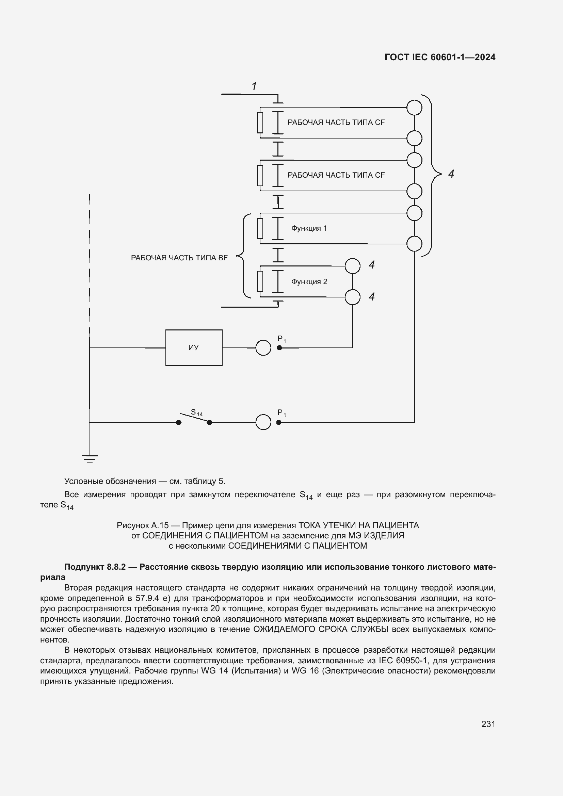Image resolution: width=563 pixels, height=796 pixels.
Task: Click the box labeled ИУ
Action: tap(194, 347)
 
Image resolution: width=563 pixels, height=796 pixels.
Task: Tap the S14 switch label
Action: tap(196, 412)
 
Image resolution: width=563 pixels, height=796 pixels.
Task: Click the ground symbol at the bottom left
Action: tap(90, 459)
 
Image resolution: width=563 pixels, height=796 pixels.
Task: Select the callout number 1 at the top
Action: tap(254, 86)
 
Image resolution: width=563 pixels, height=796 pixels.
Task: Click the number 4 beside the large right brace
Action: tap(451, 174)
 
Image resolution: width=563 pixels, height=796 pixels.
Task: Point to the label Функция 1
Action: tap(309, 228)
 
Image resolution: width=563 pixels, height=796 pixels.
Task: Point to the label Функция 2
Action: tap(309, 281)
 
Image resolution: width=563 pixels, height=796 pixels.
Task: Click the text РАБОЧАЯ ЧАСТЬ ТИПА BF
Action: tap(179, 258)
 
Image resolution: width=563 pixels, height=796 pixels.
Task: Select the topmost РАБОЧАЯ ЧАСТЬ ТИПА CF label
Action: tap(336, 123)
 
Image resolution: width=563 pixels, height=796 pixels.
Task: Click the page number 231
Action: tap(488, 724)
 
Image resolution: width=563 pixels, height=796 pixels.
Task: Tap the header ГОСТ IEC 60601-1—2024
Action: tap(440, 57)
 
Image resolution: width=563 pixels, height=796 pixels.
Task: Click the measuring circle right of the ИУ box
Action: tap(263, 348)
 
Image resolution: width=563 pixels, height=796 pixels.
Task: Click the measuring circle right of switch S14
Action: tap(263, 422)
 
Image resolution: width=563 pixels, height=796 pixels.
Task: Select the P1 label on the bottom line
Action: tap(281, 413)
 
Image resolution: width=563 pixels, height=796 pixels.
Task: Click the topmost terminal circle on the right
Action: tap(414, 108)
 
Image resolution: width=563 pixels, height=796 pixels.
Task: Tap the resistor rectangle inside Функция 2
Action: tap(260, 281)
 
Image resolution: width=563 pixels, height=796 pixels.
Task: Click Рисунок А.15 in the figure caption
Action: tap(143, 525)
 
